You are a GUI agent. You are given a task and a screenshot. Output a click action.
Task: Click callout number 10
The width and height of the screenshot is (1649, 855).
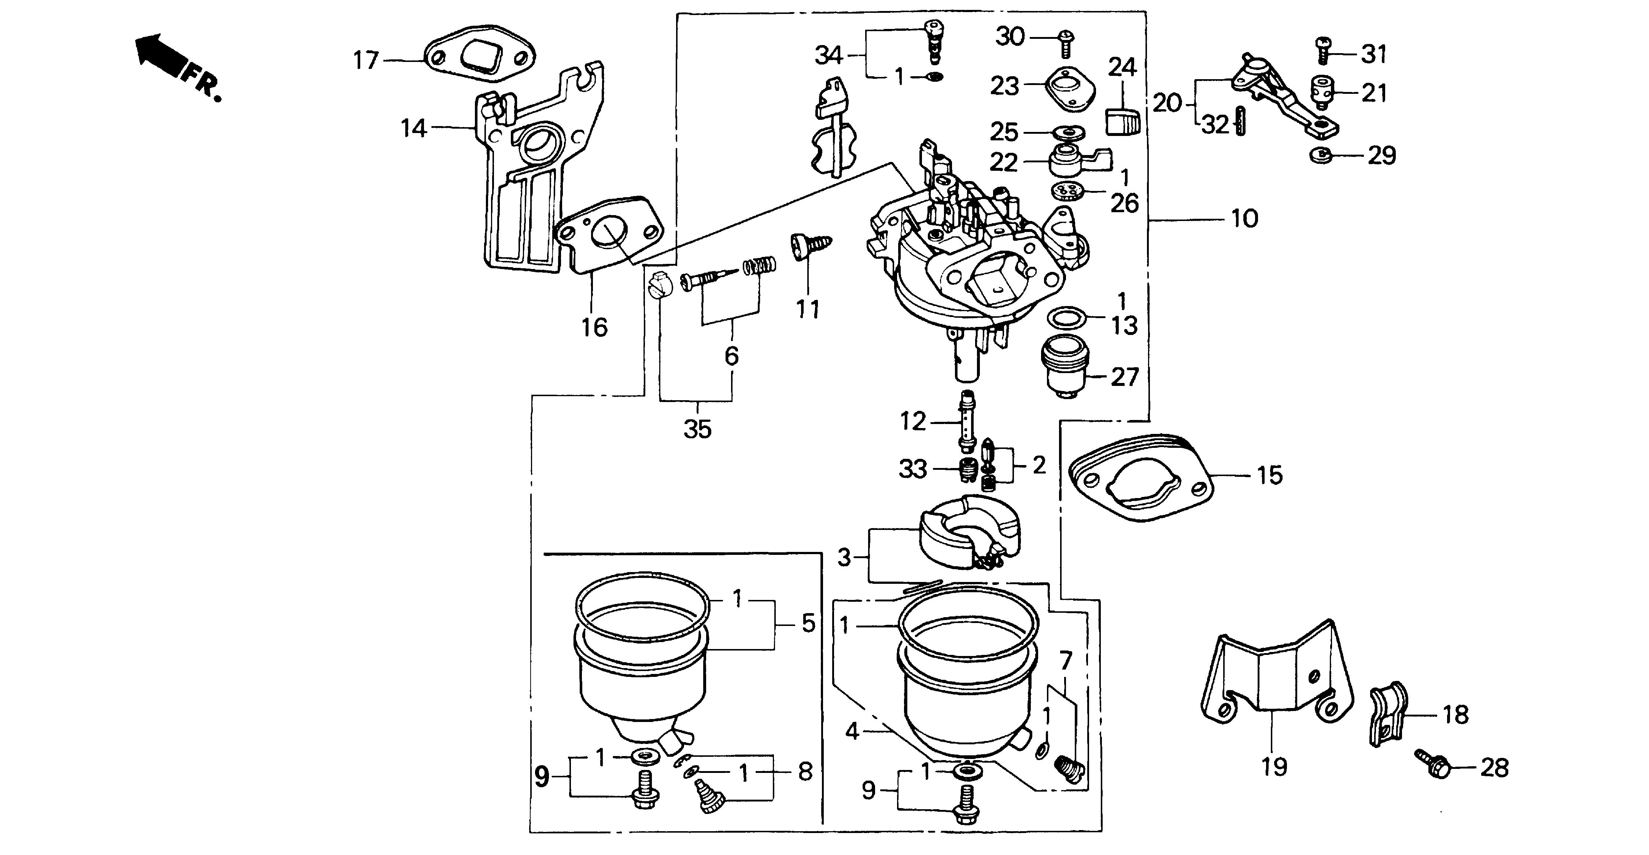(x=1244, y=219)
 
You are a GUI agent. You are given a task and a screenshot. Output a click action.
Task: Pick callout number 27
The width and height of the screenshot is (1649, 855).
(x=1125, y=377)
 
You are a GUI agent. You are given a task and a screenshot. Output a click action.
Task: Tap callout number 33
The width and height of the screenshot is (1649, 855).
(x=913, y=469)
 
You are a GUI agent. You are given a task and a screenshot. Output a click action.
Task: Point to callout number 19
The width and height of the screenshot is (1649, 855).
(x=1274, y=766)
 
